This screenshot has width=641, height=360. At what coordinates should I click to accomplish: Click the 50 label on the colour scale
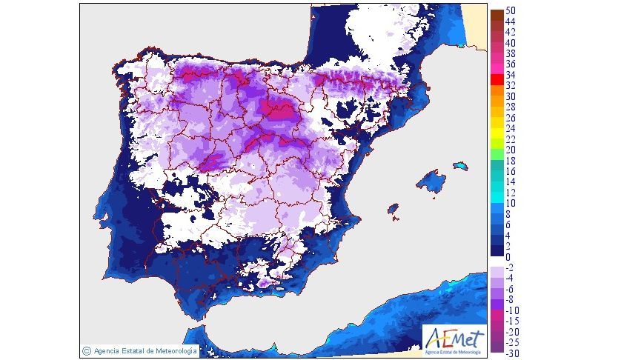[511, 11]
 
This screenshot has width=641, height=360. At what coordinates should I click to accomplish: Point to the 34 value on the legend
[511, 75]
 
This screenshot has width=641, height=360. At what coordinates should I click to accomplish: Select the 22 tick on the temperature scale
[511, 139]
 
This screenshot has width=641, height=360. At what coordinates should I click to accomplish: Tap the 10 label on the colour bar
[511, 203]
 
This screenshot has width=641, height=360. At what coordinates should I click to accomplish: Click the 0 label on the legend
[508, 256]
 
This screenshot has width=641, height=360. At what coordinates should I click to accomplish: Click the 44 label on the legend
[511, 21]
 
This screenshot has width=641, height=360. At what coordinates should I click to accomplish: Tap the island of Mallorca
[429, 181]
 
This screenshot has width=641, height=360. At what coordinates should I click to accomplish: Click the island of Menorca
[461, 165]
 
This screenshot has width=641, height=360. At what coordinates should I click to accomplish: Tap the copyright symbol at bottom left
[87, 350]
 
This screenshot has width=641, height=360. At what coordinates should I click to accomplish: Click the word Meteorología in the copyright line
[172, 350]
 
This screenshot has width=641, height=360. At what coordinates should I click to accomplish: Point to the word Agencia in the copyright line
[107, 350]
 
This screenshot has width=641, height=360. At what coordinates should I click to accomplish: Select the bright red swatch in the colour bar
[496, 80]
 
